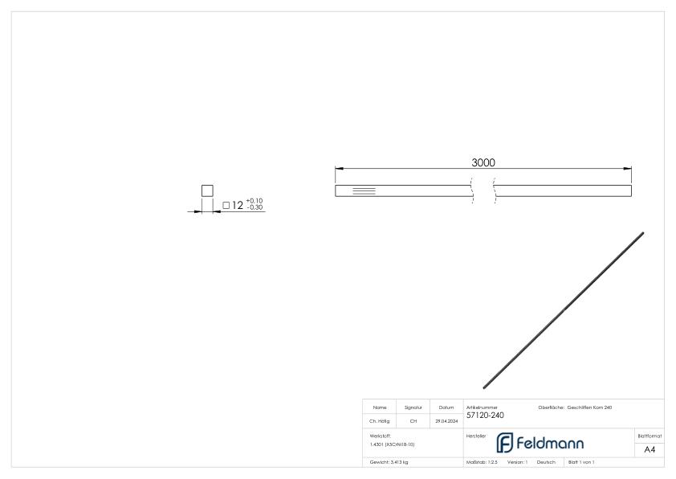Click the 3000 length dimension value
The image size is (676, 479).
[483, 162]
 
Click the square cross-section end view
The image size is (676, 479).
[207, 190]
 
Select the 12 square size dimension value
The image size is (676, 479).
[238, 206]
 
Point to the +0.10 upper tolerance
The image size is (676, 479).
[255, 201]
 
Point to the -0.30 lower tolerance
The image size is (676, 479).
[255, 208]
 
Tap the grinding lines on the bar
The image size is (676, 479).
[364, 190]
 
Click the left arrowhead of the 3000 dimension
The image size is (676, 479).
[339, 169]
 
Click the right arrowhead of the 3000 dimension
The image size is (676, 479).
[628, 169]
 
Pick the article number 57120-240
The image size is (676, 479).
[485, 416]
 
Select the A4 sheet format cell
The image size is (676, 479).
[650, 448]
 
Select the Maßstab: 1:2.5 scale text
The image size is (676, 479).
[482, 462]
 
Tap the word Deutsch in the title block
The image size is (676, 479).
[546, 462]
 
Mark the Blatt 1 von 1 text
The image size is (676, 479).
[581, 462]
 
